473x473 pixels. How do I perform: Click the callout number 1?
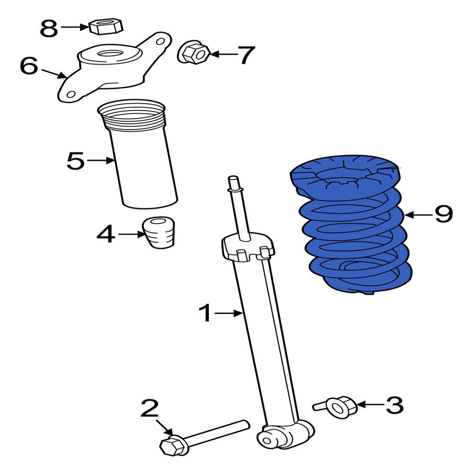[x=206, y=313]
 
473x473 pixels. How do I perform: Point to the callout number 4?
[x=105, y=234]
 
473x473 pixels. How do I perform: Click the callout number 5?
[x=76, y=161]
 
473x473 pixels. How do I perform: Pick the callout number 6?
[x=29, y=66]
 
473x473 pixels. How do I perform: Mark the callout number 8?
[x=49, y=28]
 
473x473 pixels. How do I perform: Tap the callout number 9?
[x=443, y=214]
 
